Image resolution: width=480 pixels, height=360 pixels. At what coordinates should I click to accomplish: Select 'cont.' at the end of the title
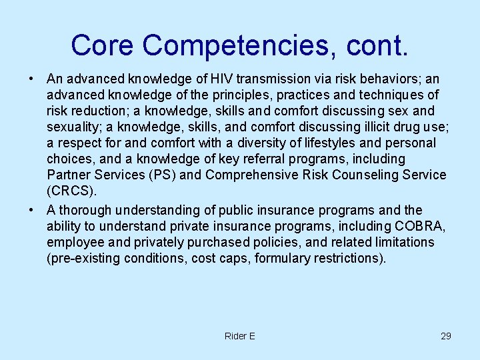pos(379,45)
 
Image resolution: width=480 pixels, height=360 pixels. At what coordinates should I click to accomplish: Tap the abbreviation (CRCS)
pos(71,191)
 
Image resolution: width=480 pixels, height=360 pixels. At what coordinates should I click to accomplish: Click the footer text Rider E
pos(240,336)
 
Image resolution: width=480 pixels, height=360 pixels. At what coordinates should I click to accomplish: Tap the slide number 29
pos(445,336)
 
